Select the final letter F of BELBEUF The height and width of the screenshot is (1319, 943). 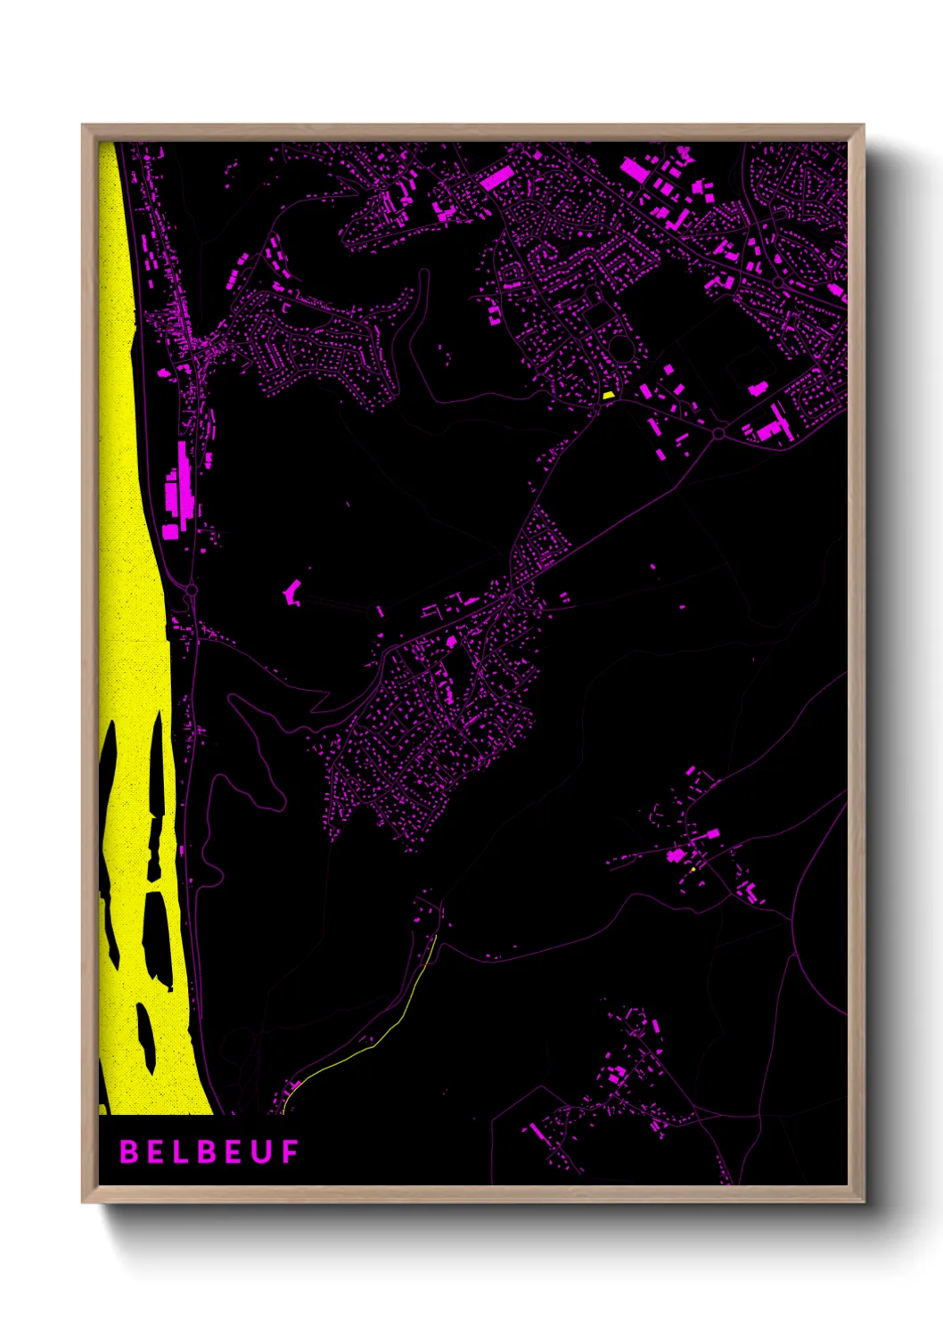click(291, 1152)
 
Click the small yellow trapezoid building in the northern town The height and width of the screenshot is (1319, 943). click(609, 394)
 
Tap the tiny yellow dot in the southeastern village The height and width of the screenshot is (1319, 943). click(693, 869)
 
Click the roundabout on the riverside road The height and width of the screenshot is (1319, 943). click(191, 590)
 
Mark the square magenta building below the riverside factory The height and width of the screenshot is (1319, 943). click(169, 531)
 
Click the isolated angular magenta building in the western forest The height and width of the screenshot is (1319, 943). click(291, 591)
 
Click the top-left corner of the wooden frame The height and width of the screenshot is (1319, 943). click(84, 127)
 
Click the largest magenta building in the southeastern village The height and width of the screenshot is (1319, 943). click(677, 856)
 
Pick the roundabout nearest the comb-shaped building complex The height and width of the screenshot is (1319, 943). click(718, 434)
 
